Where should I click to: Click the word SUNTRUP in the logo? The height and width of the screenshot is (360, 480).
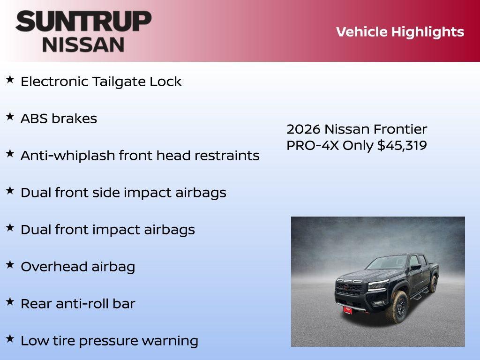(83, 21)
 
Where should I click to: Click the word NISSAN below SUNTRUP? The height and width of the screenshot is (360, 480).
(83, 44)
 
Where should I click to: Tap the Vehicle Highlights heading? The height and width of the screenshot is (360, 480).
(400, 32)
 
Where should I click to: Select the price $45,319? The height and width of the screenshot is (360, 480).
(402, 145)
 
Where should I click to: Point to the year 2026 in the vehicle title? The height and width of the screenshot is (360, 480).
(303, 129)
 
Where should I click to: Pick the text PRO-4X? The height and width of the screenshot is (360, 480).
(313, 145)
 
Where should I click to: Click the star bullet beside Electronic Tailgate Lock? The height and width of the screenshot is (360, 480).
(10, 80)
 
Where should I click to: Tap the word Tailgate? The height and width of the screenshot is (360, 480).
(119, 82)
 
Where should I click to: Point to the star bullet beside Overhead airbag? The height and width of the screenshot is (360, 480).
(10, 265)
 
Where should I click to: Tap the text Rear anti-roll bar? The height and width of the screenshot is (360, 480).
(78, 304)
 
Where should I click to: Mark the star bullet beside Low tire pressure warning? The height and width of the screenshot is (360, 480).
(10, 339)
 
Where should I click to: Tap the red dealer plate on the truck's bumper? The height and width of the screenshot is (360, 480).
(347, 310)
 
